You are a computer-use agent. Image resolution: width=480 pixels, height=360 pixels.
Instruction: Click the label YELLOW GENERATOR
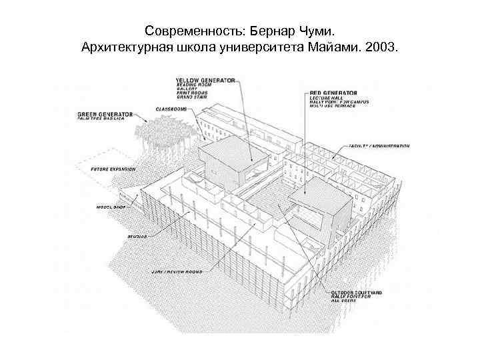pos(205,80)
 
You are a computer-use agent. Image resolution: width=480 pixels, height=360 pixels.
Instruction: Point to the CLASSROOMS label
pos(171,108)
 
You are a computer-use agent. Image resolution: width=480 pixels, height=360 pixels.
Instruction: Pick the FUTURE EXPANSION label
pos(113,169)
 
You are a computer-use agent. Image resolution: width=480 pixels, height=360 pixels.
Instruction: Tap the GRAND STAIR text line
pos(191,97)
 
